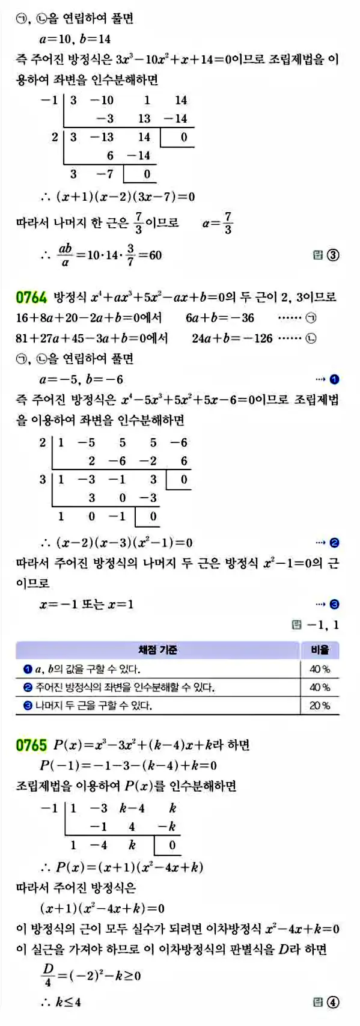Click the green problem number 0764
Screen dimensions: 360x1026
coord(31,297)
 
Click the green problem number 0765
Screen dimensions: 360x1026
coord(31,745)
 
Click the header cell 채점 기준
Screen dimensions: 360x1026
coord(157,650)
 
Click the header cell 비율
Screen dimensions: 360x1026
coord(320,650)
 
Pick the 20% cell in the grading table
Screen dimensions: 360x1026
coord(320,706)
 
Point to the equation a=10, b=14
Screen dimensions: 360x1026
coord(75,39)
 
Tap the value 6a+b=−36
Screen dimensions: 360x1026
coord(219,317)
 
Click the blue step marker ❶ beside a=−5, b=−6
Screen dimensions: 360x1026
coord(335,379)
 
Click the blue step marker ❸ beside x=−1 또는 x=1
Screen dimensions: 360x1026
coord(335,604)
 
